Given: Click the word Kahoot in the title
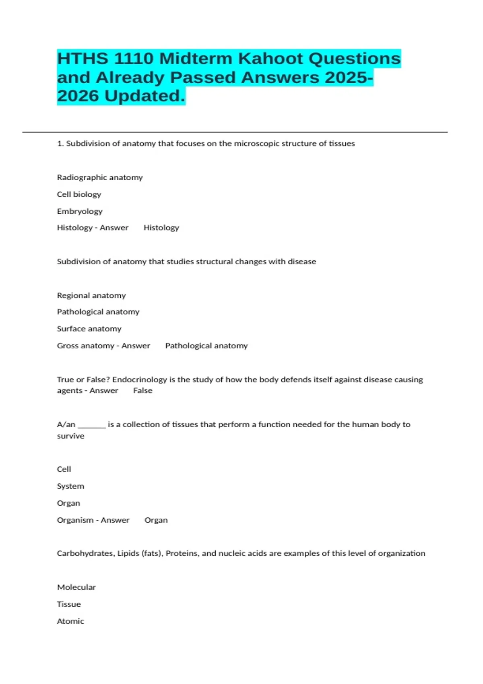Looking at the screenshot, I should [270, 59].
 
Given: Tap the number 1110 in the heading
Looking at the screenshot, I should [134, 59].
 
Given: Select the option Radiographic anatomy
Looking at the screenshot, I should [100, 177].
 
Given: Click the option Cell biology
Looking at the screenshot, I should [79, 194].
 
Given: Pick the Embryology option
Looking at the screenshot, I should [80, 211].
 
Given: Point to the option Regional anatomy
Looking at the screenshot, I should [91, 295].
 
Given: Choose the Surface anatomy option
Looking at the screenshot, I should [89, 329].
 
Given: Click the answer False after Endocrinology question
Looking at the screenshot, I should [143, 391].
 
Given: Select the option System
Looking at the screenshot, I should [70, 486].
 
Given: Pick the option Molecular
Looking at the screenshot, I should [76, 587].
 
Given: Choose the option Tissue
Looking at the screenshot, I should [69, 604].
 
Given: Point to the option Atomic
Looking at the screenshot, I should [70, 621].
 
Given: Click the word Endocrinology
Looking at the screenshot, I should [139, 379].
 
